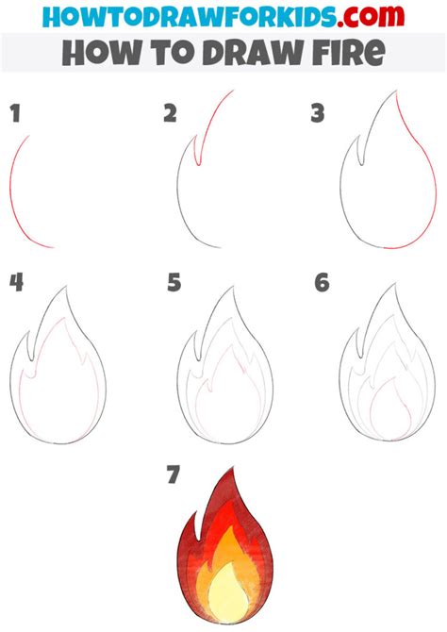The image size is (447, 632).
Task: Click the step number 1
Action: pos(14,115)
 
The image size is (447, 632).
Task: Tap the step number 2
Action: pos(170,115)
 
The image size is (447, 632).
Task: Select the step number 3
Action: pos(318,115)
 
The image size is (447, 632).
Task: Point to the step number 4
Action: pos(15,282)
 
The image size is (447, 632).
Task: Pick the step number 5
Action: pos(173,282)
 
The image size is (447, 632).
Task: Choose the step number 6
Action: pos(322,282)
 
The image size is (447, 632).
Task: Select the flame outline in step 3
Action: pos(377,179)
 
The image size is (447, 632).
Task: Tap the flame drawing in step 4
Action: pos(58,373)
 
